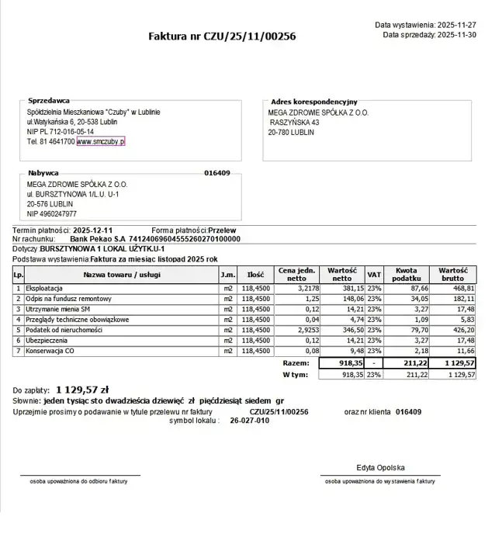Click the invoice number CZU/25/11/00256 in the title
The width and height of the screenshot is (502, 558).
249,36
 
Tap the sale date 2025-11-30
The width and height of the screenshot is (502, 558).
457,35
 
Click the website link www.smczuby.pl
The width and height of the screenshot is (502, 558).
101,142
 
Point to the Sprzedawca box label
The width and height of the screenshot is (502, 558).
49,101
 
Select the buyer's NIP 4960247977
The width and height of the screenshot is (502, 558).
52,213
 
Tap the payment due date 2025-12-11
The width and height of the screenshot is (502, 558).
93,230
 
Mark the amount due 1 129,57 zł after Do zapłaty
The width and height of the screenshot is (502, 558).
82,390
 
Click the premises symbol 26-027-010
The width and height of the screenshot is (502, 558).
250,421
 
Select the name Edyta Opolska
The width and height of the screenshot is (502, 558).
380,468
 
